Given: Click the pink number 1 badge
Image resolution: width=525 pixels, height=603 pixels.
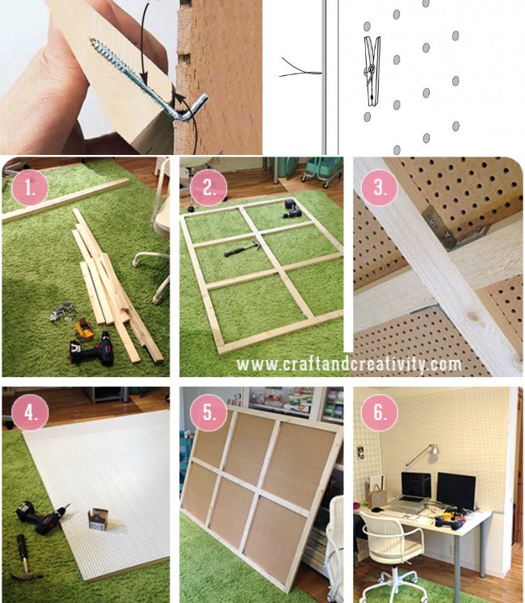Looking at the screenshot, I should click(x=30, y=189).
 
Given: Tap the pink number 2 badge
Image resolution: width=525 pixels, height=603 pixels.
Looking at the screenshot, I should click(x=209, y=189).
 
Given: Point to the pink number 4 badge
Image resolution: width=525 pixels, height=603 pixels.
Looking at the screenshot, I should click(x=30, y=413).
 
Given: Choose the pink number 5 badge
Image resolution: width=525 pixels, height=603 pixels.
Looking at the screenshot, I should click(x=209, y=415).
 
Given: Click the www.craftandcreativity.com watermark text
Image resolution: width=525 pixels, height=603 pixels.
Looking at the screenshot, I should click(x=349, y=364).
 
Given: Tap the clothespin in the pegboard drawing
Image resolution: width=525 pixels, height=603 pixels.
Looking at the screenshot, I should click(x=372, y=70).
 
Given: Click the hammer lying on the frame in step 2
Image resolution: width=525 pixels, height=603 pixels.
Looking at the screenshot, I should click(x=237, y=251).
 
